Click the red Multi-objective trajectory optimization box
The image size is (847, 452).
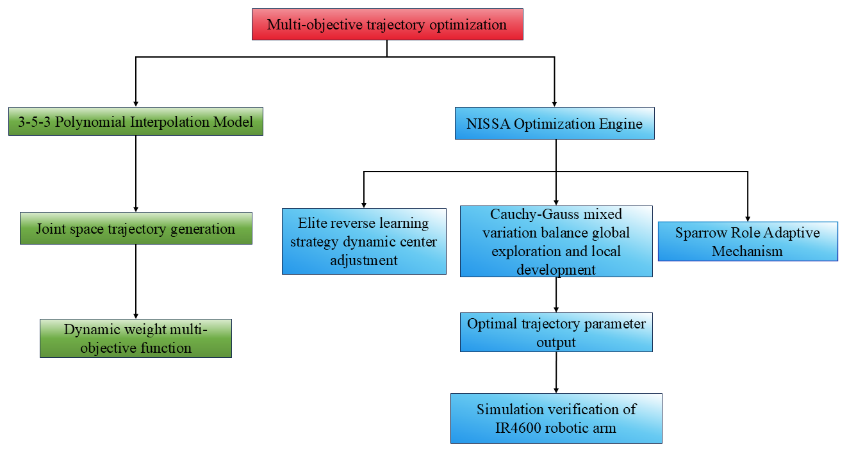(387, 25)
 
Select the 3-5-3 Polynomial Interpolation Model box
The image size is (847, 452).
(136, 122)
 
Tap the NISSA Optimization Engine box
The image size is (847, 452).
(555, 124)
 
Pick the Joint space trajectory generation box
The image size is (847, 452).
(136, 229)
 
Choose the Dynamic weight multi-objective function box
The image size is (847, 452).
(136, 338)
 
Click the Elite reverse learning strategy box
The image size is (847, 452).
(364, 241)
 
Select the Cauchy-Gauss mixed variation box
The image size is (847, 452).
(556, 241)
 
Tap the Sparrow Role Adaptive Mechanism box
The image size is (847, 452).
(747, 241)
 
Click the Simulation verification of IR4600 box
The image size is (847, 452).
(556, 418)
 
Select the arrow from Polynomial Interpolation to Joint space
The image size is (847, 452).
(136, 173)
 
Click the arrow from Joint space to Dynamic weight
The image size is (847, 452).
(136, 282)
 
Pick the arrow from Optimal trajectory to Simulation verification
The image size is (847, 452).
(556, 373)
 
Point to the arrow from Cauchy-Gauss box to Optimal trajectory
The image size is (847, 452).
(556, 295)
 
